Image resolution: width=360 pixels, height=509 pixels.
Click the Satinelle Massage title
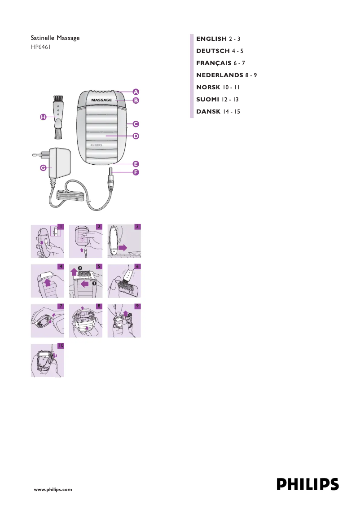(55, 38)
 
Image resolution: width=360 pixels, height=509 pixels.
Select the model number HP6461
(40, 47)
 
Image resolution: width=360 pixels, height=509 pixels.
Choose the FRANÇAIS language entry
(220, 63)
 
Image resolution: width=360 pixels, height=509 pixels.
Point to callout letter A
(135, 92)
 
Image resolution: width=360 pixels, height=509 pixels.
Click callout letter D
(135, 136)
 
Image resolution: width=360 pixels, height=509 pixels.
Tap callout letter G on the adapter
(43, 167)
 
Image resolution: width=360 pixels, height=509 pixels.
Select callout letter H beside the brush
(42, 117)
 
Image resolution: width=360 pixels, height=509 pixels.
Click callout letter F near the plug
(135, 172)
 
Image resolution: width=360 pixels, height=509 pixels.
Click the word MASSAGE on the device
(101, 100)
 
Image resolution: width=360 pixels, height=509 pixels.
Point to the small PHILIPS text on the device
(97, 145)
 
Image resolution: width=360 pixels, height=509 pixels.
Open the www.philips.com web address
(53, 490)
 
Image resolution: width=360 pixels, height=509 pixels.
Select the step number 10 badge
(61, 346)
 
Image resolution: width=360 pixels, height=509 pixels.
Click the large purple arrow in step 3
(123, 246)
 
